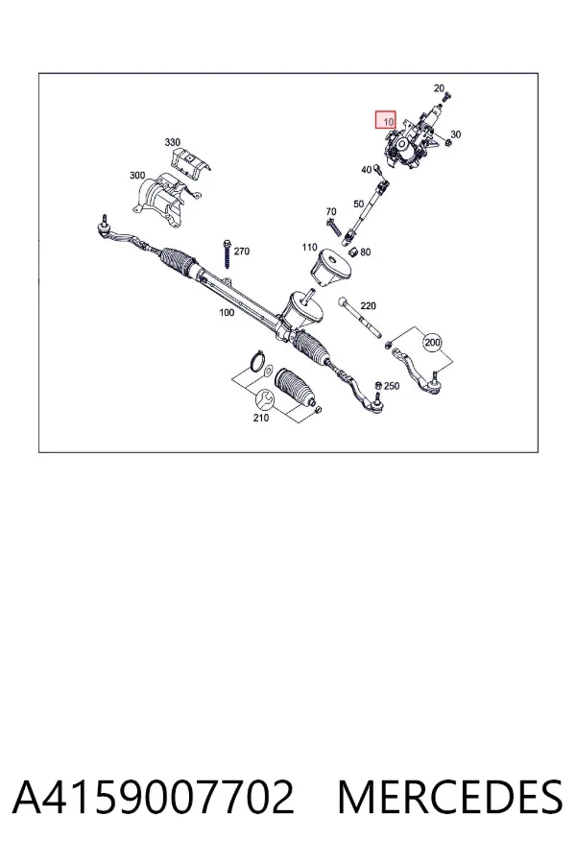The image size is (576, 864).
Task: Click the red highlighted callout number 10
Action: tap(386, 120)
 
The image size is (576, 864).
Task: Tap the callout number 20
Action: tap(439, 88)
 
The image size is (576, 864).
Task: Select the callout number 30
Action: tap(455, 134)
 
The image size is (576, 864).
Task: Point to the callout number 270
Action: tap(241, 252)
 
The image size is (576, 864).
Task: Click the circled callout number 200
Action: tap(432, 343)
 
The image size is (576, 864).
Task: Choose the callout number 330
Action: tap(172, 142)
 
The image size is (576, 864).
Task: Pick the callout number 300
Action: tap(137, 176)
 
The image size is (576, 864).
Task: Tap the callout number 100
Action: tap(227, 312)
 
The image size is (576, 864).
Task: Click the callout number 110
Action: tap(309, 248)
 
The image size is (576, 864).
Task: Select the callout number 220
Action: tap(368, 306)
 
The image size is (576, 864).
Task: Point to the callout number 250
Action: tap(392, 386)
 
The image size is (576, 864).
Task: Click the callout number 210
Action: tap(261, 418)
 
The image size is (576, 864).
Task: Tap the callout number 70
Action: tap(330, 211)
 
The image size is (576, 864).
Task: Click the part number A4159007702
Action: tap(153, 797)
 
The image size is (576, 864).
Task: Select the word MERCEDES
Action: tap(450, 797)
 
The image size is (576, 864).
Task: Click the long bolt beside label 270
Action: tap(227, 254)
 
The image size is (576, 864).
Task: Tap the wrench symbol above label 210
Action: tap(263, 398)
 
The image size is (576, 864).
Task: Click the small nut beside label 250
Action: tap(378, 385)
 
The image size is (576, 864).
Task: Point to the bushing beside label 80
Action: tap(354, 252)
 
